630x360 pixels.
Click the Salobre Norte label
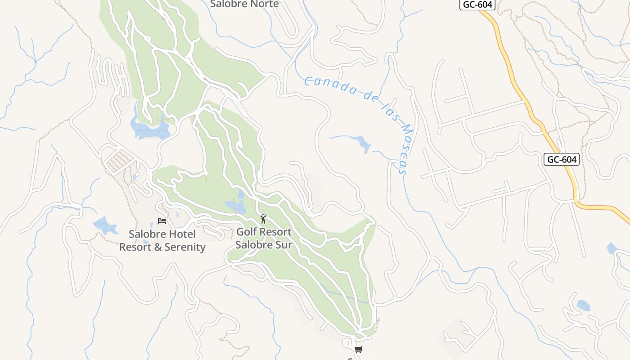pyautogui.click(x=245, y=4)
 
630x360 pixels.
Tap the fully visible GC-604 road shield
pyautogui.click(x=561, y=159)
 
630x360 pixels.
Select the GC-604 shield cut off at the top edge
pyautogui.click(x=477, y=4)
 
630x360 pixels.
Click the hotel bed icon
pyautogui.click(x=162, y=220)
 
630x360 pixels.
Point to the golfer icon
pyautogui.click(x=263, y=219)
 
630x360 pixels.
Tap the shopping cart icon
pyautogui.click(x=358, y=349)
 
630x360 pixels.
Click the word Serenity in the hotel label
pyautogui.click(x=185, y=247)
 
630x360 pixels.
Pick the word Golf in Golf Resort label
pyautogui.click(x=246, y=232)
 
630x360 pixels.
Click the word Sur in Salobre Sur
pyautogui.click(x=283, y=245)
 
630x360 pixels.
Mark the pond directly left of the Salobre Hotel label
pyautogui.click(x=104, y=225)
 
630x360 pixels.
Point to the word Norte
pyautogui.click(x=264, y=4)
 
